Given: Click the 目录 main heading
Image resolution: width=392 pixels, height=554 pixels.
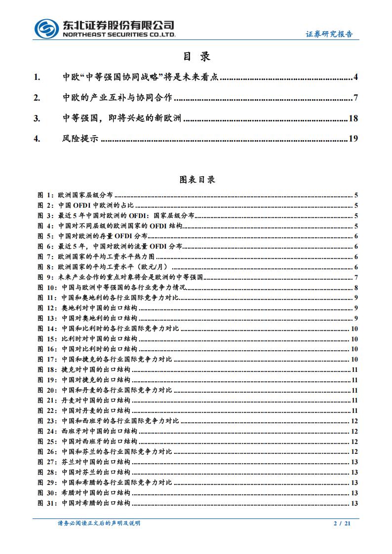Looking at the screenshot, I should click(196, 57).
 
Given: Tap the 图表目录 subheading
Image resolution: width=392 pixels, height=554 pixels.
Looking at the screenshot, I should click(197, 180).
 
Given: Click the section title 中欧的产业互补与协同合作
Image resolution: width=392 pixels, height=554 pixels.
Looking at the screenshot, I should click(118, 98).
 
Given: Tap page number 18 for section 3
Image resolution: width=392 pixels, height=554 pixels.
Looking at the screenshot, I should click(353, 118).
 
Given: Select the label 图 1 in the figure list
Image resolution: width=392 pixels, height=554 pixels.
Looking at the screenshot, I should click(45, 195).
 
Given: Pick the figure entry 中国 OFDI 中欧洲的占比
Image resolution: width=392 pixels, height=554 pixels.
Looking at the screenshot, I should click(96, 206).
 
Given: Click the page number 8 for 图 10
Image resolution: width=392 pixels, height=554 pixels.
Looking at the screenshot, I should click(355, 288).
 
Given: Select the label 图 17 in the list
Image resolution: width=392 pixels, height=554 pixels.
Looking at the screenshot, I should click(47, 359).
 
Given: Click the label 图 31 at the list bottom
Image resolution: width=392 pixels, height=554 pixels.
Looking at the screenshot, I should click(47, 503).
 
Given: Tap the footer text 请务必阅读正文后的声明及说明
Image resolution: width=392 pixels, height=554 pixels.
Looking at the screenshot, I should click(99, 523).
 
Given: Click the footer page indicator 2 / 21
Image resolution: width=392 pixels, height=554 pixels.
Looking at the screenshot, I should click(342, 523).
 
